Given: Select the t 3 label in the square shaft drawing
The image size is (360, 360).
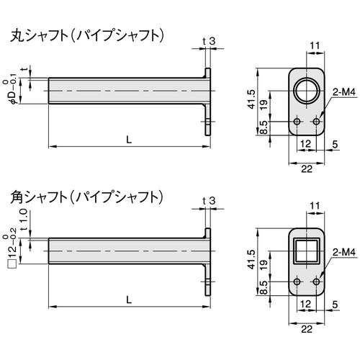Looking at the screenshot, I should (x=210, y=201).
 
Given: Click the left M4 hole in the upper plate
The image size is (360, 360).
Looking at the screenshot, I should (x=297, y=123).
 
